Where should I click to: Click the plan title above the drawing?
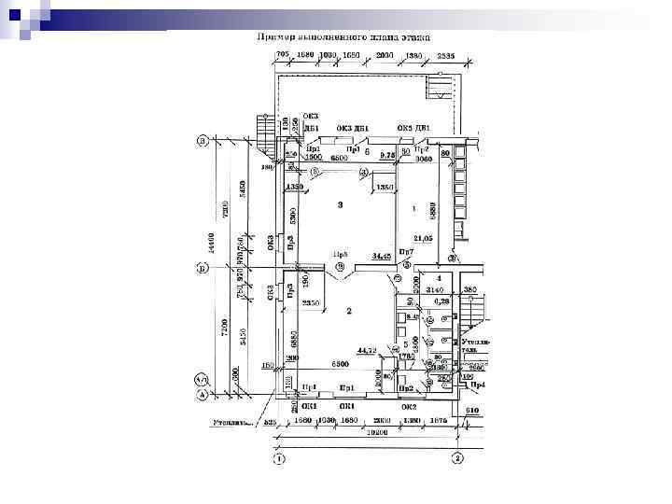pyautogui.click(x=343, y=38)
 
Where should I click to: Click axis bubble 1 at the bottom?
pyautogui.click(x=278, y=459)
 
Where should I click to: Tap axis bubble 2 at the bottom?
pyautogui.click(x=457, y=459)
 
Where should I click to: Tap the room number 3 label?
pyautogui.click(x=341, y=203)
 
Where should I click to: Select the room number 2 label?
pyautogui.click(x=349, y=311)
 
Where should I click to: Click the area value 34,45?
pyautogui.click(x=381, y=255)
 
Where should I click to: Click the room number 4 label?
pyautogui.click(x=438, y=278)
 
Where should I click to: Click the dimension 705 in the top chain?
pyautogui.click(x=284, y=56)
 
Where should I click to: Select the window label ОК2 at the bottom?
pyautogui.click(x=409, y=407)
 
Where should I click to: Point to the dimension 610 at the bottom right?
pyautogui.click(x=472, y=409)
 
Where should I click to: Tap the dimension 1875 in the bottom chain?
pyautogui.click(x=438, y=421)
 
